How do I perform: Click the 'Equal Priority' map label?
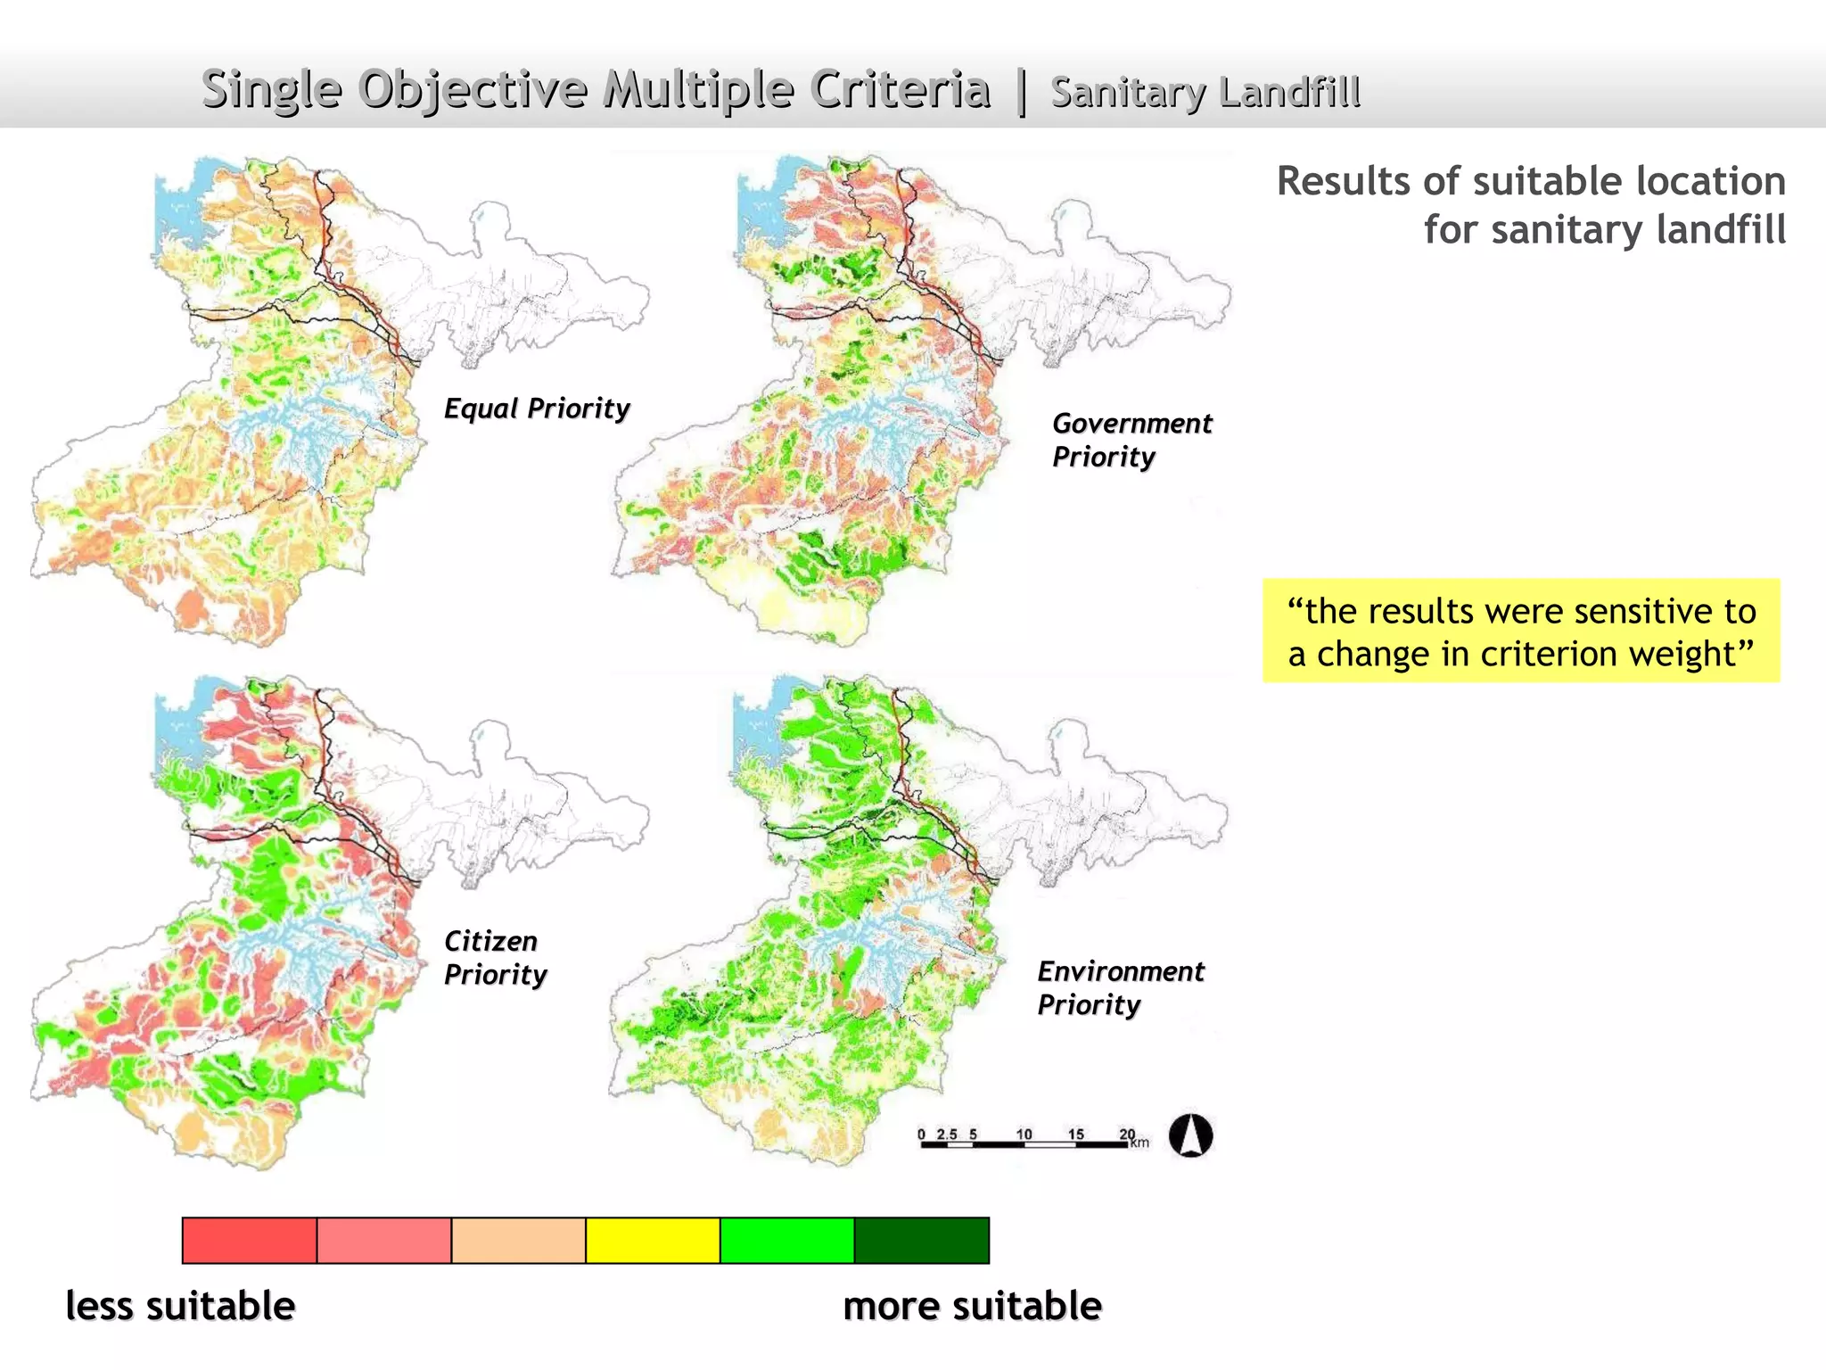pyautogui.click(x=537, y=409)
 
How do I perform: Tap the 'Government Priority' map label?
pyautogui.click(x=1131, y=440)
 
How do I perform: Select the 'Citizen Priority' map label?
pyautogui.click(x=494, y=957)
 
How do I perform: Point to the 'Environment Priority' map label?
pyautogui.click(x=1120, y=987)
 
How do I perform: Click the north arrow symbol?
pyautogui.click(x=1190, y=1136)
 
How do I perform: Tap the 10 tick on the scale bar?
pyautogui.click(x=1024, y=1135)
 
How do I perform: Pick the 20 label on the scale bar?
pyautogui.click(x=1127, y=1135)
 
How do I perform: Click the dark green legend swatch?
pyautogui.click(x=921, y=1241)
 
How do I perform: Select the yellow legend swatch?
pyautogui.click(x=653, y=1241)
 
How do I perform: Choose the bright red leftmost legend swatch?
pyautogui.click(x=250, y=1241)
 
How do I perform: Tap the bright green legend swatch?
pyautogui.click(x=786, y=1241)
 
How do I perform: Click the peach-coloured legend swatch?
pyautogui.click(x=518, y=1241)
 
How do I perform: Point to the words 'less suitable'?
pyautogui.click(x=181, y=1306)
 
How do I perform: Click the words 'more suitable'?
pyautogui.click(x=972, y=1306)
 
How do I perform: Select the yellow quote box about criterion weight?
pyautogui.click(x=1521, y=631)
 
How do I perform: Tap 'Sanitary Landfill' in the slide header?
pyautogui.click(x=1205, y=93)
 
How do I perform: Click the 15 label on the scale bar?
pyautogui.click(x=1076, y=1135)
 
